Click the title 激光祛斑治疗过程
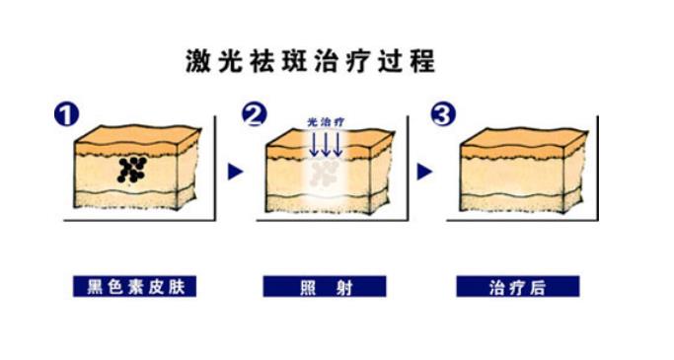point(310,61)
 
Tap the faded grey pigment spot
point(322,174)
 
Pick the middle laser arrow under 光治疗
point(325,144)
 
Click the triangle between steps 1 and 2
point(235,172)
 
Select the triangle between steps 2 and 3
point(424,172)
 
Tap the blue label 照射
point(325,287)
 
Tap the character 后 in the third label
point(539,287)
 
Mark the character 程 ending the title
point(423,61)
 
